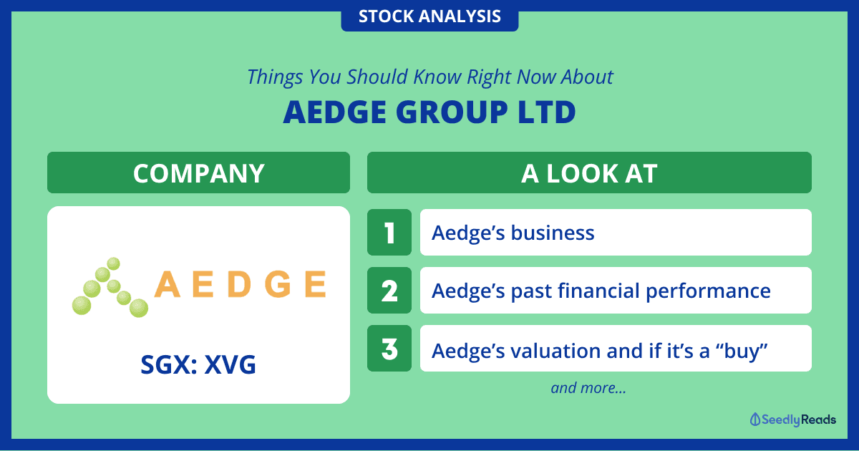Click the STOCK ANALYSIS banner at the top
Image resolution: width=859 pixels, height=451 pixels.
[429, 16]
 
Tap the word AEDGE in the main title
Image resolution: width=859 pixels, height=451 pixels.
[334, 112]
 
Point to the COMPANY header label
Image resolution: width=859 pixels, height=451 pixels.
[199, 173]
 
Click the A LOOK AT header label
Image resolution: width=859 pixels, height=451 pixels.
[589, 173]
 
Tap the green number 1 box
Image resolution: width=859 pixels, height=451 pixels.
[389, 233]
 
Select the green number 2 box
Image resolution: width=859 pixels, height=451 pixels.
[389, 291]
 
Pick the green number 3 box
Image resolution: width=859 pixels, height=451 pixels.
[389, 348]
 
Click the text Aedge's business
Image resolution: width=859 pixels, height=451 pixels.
[513, 233]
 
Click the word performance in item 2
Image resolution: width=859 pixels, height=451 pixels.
[708, 291]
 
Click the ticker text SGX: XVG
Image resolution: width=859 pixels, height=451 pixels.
[198, 364]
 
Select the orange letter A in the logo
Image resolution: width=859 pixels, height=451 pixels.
[168, 284]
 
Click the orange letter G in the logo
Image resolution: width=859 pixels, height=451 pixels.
[278, 284]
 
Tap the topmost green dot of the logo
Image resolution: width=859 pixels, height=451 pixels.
[113, 264]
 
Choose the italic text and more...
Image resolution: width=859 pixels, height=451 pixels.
[588, 388]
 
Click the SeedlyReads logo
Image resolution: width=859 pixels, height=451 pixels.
[792, 420]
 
